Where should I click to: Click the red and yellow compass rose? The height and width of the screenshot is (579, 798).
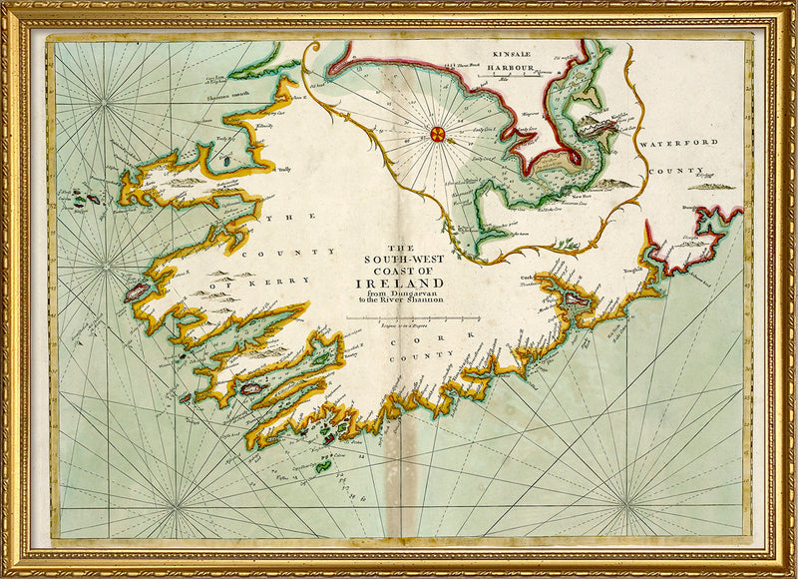(437, 132)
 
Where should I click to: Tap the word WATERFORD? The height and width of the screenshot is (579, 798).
(678, 144)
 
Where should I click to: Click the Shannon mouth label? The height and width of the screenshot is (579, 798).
(227, 95)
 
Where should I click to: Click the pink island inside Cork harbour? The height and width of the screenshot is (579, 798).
(576, 296)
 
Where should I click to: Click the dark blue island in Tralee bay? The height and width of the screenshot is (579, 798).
(223, 157)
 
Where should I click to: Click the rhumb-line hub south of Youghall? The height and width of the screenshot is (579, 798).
(628, 497)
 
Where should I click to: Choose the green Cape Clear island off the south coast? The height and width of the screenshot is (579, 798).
(322, 465)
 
